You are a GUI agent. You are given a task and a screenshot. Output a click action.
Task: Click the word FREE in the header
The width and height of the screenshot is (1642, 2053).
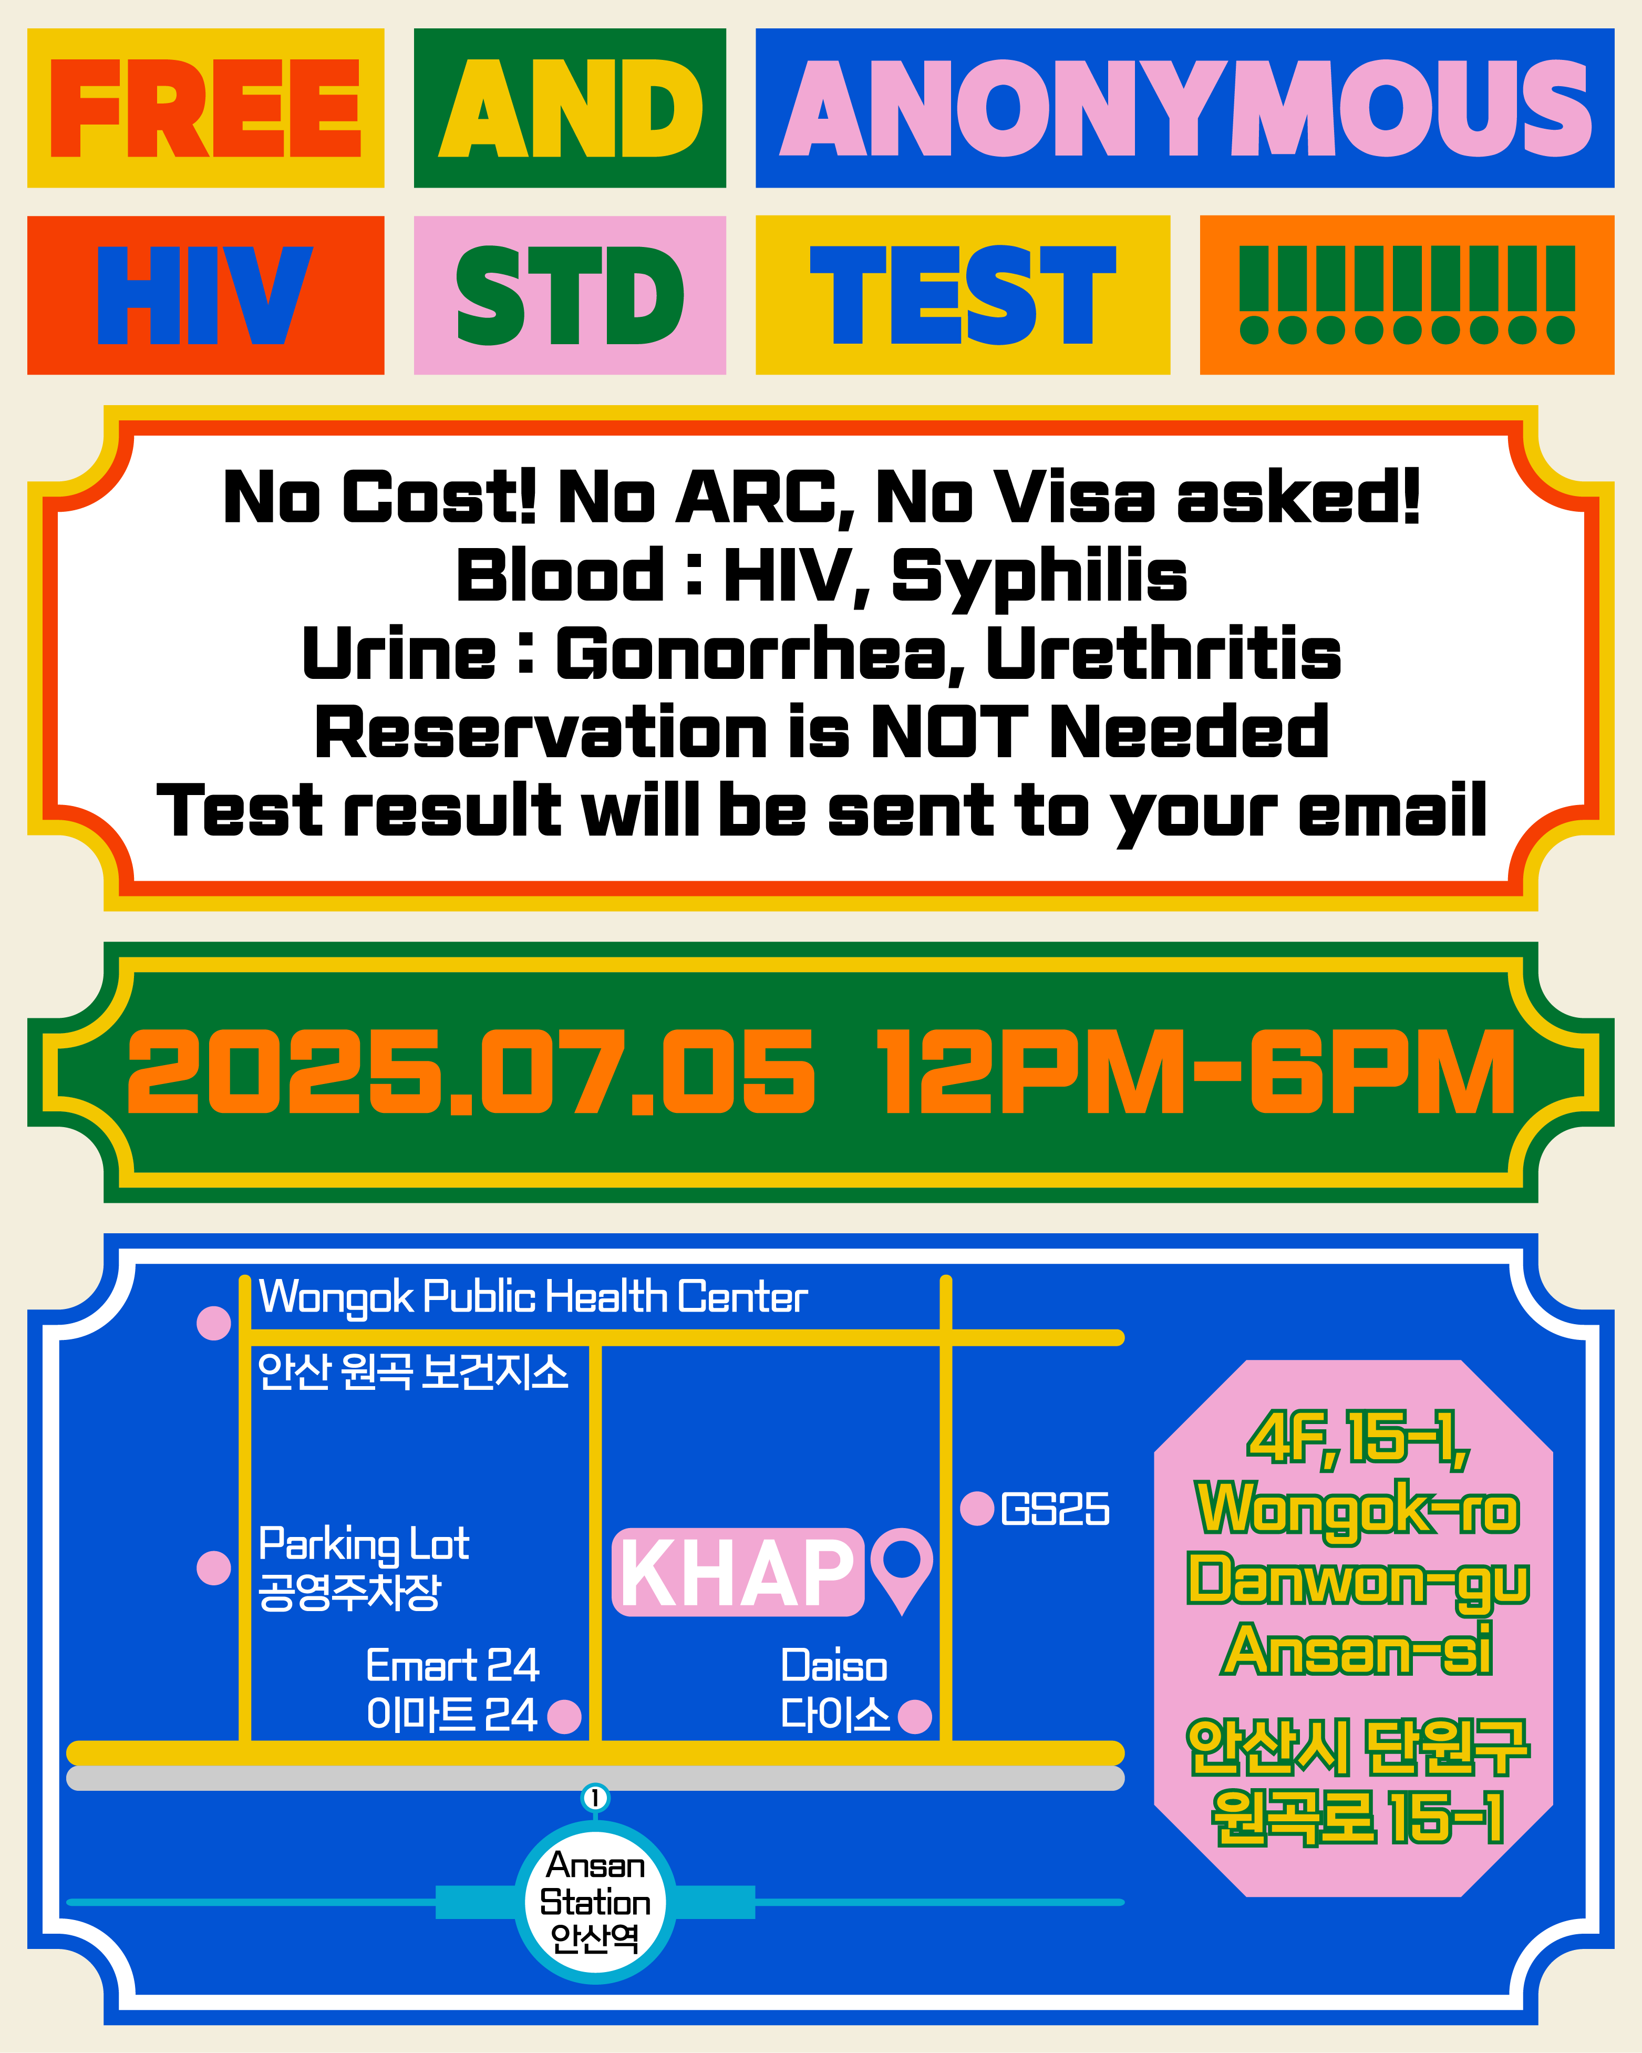(206, 109)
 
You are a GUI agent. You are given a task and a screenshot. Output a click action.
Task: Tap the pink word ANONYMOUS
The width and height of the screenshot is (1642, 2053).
(1185, 109)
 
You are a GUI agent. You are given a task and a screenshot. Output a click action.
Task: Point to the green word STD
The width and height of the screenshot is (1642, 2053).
(570, 295)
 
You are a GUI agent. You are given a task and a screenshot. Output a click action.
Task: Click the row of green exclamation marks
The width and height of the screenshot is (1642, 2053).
(1407, 295)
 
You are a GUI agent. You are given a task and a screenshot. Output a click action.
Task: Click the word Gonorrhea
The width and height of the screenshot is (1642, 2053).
(748, 655)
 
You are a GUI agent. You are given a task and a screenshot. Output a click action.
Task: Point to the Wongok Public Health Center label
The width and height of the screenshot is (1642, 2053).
(533, 1297)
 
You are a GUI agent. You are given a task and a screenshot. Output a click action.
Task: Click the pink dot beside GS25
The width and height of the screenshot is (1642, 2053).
(977, 1508)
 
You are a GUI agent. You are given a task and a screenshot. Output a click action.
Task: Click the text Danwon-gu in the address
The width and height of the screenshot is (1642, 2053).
(1358, 1583)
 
